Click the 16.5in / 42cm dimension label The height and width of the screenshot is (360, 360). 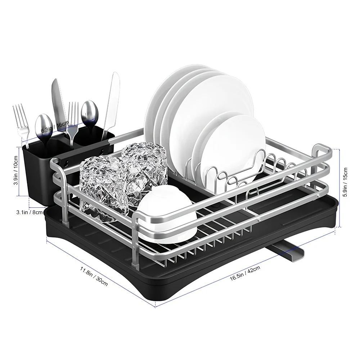coord(245,273)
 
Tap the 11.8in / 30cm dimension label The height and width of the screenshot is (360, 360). coord(94,276)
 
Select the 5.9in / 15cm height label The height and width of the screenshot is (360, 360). coord(345,182)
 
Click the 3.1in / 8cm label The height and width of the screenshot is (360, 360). coord(30,212)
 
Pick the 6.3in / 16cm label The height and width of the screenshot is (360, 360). coord(55,127)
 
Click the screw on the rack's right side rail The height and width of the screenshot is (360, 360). coord(319,195)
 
